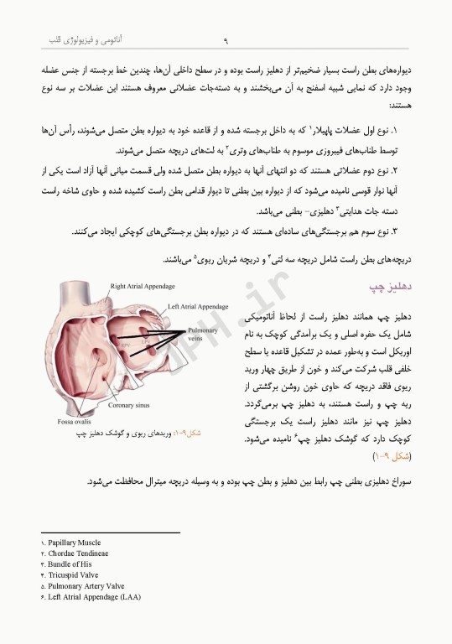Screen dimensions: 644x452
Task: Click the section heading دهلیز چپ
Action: (x=388, y=288)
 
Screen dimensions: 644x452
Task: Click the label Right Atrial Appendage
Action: (x=142, y=286)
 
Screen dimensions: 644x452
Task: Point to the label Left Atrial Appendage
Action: (x=199, y=307)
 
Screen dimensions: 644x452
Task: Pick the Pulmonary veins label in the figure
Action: (x=203, y=335)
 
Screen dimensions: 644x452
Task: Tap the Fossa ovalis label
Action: (x=75, y=420)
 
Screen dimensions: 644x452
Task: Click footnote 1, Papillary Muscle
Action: (x=75, y=543)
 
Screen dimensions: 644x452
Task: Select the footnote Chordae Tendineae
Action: (x=78, y=553)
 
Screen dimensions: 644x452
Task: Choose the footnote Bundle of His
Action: (x=71, y=564)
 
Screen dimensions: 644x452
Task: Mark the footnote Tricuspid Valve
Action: (x=74, y=575)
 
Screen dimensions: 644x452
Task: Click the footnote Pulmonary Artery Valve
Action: (x=87, y=586)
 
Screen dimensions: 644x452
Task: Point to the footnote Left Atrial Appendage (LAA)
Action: (x=95, y=597)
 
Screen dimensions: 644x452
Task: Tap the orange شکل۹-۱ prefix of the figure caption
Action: (x=187, y=434)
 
